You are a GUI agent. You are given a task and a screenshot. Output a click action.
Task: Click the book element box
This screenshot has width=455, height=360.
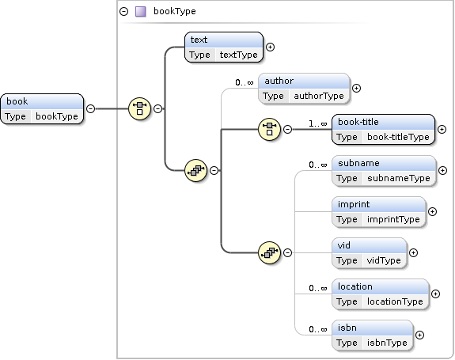(42, 108)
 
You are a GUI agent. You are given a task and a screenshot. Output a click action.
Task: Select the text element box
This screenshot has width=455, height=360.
(224, 47)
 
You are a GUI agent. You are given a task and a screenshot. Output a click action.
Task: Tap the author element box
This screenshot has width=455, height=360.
(304, 88)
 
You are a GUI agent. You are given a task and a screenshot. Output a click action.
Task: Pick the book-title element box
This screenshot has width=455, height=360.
(383, 130)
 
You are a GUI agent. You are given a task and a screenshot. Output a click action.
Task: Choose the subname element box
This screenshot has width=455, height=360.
(384, 171)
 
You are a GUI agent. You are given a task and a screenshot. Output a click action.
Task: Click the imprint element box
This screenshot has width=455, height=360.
(379, 212)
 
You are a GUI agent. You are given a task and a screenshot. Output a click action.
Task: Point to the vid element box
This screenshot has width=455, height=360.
(370, 253)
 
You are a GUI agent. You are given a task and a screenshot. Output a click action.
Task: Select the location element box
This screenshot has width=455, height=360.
(381, 294)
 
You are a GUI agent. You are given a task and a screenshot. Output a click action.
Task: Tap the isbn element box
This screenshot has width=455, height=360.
(372, 335)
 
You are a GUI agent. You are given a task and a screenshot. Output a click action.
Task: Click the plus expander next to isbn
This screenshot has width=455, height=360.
(419, 335)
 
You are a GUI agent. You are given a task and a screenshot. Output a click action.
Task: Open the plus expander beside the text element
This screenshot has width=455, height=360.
(270, 47)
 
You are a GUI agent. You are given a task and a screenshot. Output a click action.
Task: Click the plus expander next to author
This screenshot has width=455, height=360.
(356, 88)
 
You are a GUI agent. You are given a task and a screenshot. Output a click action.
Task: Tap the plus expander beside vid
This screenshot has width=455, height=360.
(413, 252)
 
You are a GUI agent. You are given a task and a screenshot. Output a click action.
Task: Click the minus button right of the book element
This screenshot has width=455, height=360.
(90, 108)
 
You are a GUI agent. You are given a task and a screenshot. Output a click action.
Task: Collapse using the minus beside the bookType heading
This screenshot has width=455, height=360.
(124, 11)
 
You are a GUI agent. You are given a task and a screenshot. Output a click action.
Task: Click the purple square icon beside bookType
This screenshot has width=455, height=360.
(141, 12)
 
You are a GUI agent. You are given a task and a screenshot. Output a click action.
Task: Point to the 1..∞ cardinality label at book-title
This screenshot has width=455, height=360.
(318, 124)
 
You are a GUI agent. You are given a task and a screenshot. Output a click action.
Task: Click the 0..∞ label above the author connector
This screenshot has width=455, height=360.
(245, 82)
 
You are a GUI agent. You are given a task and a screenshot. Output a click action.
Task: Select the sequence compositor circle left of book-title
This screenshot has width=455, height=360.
(269, 129)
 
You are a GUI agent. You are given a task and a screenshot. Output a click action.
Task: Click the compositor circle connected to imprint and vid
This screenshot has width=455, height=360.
(269, 252)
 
